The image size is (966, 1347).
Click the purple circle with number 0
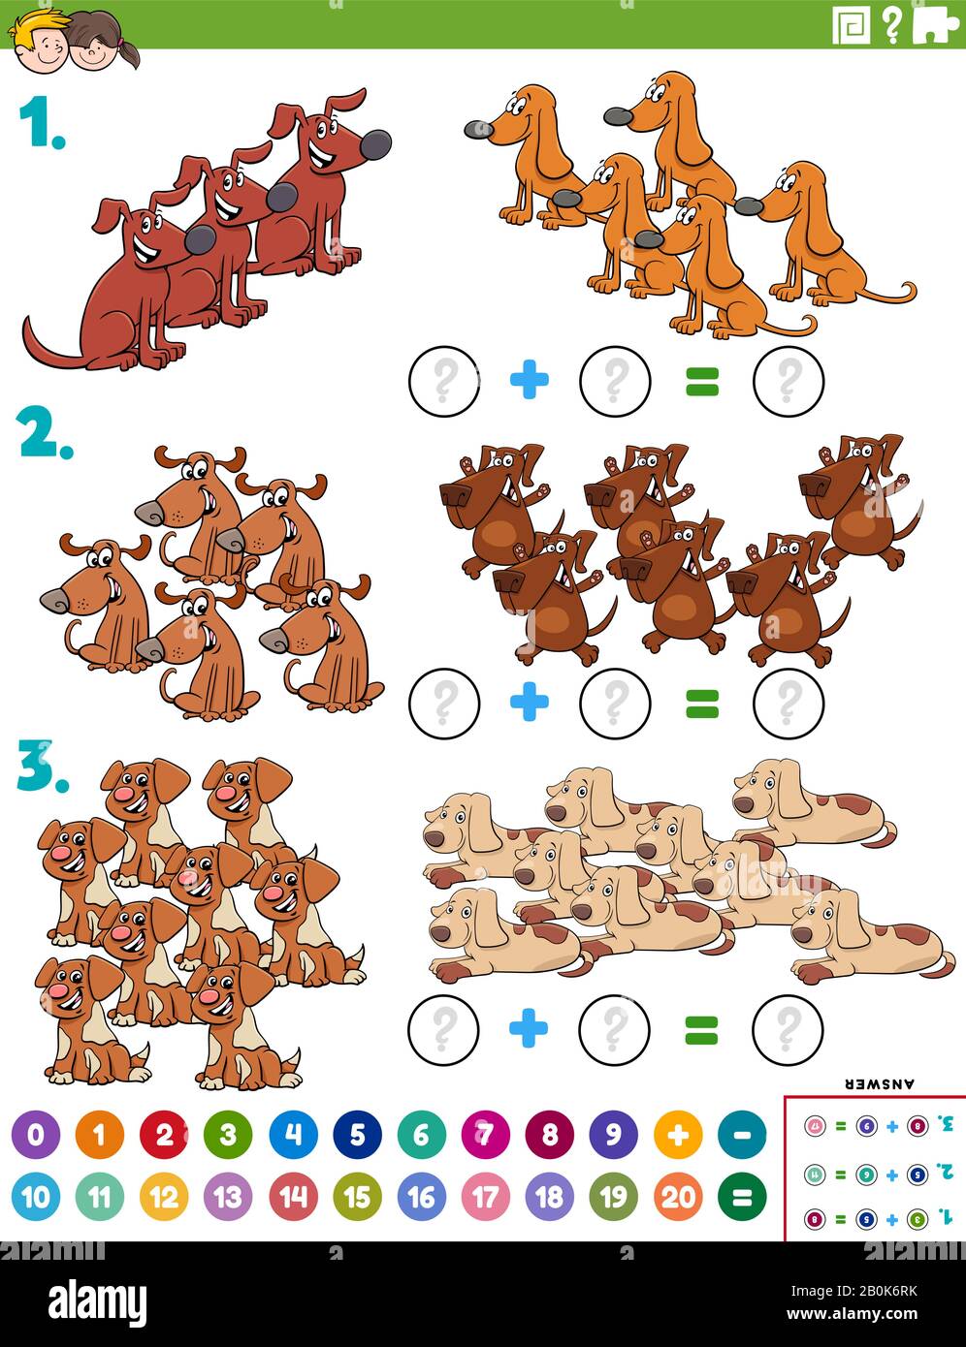click(x=36, y=1135)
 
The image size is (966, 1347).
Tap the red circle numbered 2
click(x=164, y=1135)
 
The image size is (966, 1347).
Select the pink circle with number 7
click(x=485, y=1135)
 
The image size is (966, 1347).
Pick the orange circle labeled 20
click(x=678, y=1197)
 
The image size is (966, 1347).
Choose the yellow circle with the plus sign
click(x=678, y=1135)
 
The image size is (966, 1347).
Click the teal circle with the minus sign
click(x=742, y=1135)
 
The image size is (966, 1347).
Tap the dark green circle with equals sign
click(x=742, y=1197)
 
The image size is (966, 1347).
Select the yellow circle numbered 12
click(x=164, y=1197)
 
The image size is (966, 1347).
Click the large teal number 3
click(x=39, y=767)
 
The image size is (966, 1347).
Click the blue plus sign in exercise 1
click(x=530, y=380)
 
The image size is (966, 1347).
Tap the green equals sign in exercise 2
click(x=702, y=703)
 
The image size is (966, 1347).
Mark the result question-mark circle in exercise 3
click(x=788, y=1027)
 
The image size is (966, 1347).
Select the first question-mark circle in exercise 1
click(x=444, y=381)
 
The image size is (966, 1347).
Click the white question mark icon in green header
click(x=891, y=24)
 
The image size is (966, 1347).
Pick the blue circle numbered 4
click(x=293, y=1135)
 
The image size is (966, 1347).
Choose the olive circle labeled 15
click(x=357, y=1197)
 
